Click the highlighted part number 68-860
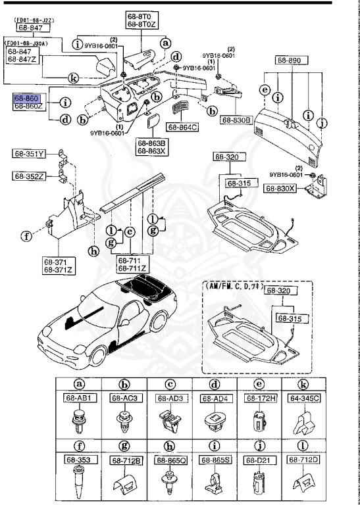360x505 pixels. [27, 97]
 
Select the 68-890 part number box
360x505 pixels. [289, 60]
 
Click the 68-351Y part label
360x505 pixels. [28, 155]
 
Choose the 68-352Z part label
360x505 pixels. [28, 176]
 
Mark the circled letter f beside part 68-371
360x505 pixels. [26, 235]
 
